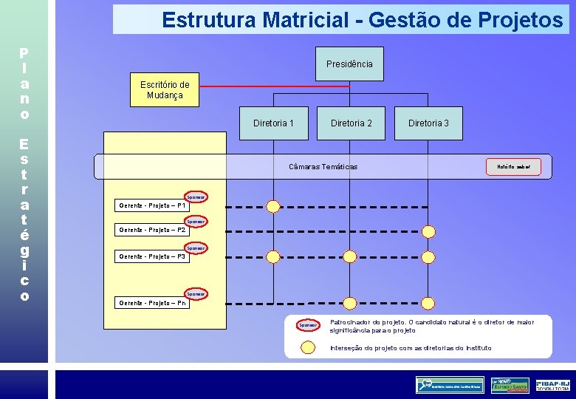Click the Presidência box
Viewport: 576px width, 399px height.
click(x=349, y=64)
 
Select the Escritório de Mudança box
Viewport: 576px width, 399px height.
click(x=165, y=89)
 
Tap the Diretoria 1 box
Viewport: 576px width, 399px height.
click(x=273, y=123)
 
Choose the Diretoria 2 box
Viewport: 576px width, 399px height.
click(x=351, y=123)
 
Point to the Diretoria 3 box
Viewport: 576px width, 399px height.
click(x=428, y=123)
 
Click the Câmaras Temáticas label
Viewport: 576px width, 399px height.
click(x=323, y=167)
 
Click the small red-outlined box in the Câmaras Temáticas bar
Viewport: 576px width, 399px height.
click(x=513, y=167)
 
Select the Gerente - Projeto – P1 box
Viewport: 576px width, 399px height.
click(x=151, y=205)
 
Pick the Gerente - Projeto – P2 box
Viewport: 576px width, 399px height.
click(x=151, y=230)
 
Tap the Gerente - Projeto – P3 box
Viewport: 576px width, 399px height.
click(x=151, y=256)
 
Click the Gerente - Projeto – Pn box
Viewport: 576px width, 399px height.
click(x=151, y=302)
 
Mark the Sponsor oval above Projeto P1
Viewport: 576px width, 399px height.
click(x=196, y=197)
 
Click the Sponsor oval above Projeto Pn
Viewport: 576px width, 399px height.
click(x=196, y=294)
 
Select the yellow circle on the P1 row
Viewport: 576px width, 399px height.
click(x=273, y=205)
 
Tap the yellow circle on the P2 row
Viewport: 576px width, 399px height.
click(x=273, y=231)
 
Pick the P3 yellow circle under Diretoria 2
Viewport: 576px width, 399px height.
click(x=351, y=256)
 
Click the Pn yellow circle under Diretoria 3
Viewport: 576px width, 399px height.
click(x=428, y=302)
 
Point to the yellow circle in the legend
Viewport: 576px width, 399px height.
click(x=307, y=347)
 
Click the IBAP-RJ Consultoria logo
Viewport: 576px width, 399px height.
click(x=553, y=385)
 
